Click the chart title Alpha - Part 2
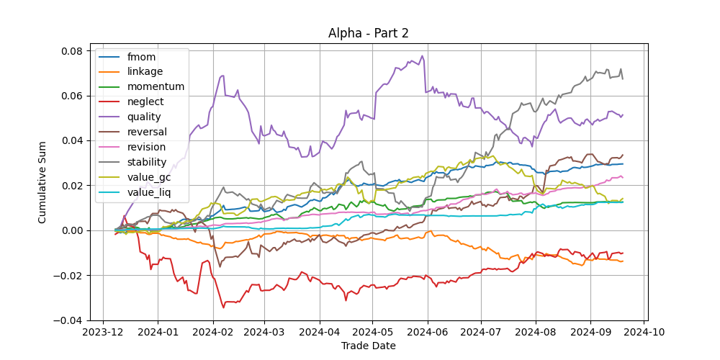(369, 33)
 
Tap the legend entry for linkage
(145, 71)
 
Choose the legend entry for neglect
(145, 102)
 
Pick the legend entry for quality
(144, 117)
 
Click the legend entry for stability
(147, 162)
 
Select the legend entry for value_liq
(148, 192)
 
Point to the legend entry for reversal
(147, 132)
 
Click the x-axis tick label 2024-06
(428, 333)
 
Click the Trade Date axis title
(369, 346)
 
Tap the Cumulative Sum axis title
(42, 185)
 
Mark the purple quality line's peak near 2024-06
(423, 56)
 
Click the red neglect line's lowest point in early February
(223, 307)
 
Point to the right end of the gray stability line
(623, 78)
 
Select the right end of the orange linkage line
(623, 261)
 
